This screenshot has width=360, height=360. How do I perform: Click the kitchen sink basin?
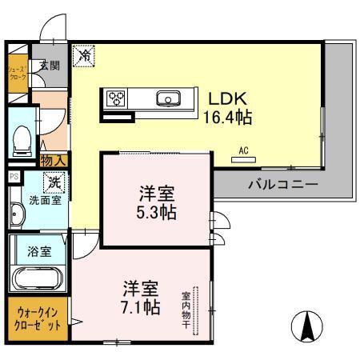pos(169,99)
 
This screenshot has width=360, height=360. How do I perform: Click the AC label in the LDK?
pos(242,149)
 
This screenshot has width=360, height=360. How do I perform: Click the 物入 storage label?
pos(53,162)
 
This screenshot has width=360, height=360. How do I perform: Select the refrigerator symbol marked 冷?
pos(83,56)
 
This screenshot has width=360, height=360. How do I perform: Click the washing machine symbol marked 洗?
pos(55,182)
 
